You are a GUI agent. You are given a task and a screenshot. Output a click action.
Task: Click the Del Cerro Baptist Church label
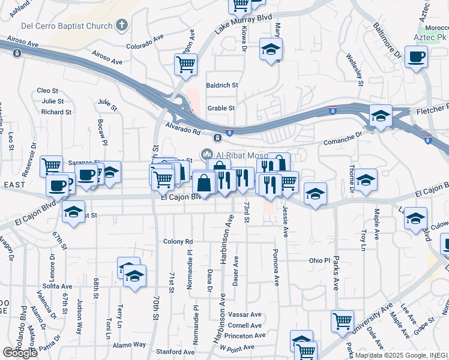67,26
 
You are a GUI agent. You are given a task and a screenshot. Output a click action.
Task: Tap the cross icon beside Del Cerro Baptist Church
122,26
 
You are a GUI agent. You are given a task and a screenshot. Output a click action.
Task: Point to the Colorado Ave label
145,41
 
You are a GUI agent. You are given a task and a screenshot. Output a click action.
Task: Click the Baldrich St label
222,85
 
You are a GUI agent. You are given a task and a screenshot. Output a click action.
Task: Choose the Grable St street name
221,108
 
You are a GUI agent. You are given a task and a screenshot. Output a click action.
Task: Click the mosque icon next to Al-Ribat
208,154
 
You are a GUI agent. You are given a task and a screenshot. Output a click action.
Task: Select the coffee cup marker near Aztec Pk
416,58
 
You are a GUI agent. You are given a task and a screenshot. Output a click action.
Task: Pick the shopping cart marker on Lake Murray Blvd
186,63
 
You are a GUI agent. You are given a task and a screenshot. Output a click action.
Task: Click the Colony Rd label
178,242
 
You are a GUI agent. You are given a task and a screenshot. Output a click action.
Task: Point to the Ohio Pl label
319,261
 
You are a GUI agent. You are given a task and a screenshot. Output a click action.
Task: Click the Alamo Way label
130,345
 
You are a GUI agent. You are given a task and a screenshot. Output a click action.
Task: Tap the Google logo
20,353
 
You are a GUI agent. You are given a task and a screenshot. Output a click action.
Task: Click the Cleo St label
47,91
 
